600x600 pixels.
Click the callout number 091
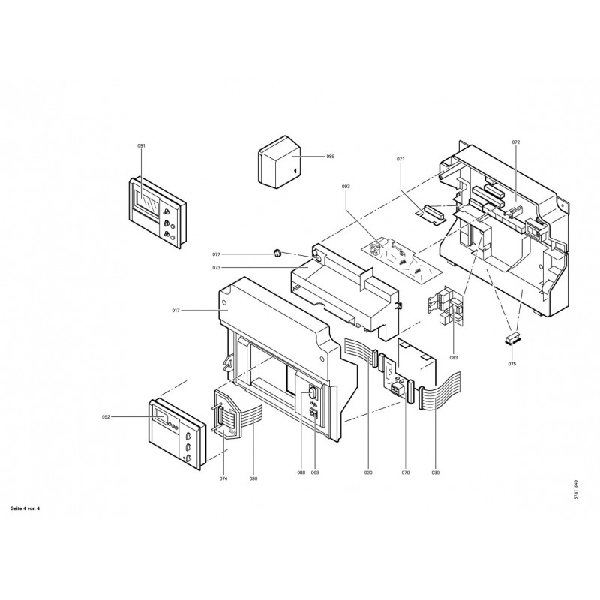pos(141,145)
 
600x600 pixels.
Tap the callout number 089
pos(330,157)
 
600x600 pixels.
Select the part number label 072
pos(516,142)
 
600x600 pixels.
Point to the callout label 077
pos(217,254)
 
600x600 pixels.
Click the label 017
pos(176,310)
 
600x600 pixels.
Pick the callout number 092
pos(106,417)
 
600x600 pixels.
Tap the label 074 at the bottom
pos(223,478)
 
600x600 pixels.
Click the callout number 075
pos(512,364)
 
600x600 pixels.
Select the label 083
pos(454,358)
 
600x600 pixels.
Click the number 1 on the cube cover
pos(295,172)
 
